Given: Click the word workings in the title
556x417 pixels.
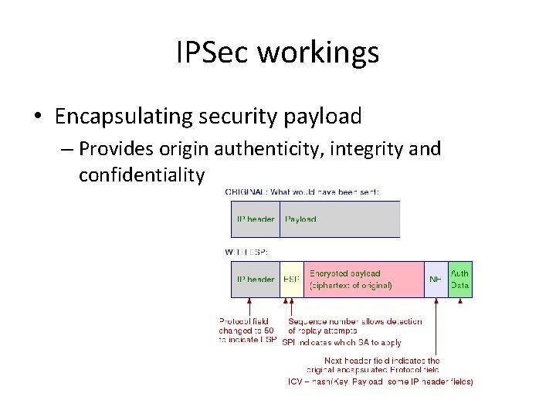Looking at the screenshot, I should point(317,53).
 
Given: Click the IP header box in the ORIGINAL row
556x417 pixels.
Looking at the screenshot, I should point(255,219).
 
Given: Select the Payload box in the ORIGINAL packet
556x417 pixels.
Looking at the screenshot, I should point(340,219).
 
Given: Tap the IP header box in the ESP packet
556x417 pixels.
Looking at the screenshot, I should point(255,280).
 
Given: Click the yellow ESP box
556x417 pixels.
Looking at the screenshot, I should point(291,280).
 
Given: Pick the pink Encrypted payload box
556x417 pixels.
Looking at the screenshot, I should point(364,280).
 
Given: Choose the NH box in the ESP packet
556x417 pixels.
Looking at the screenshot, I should point(436,280).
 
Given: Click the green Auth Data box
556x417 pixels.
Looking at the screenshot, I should point(459,280).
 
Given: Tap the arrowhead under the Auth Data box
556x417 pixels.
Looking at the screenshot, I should point(461,301).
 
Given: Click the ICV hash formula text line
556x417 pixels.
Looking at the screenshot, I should point(380,381).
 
